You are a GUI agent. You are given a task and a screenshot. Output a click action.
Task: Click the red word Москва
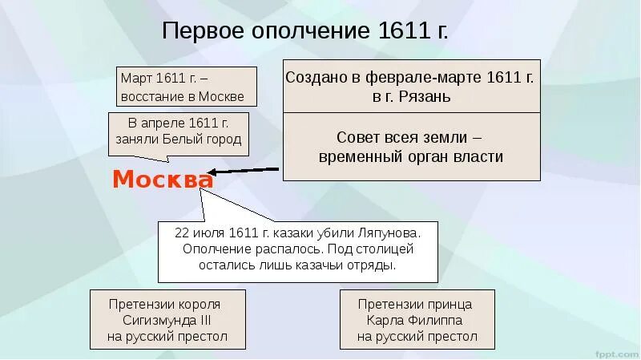click(x=163, y=179)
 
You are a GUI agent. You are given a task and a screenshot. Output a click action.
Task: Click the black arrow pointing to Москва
click(x=244, y=171)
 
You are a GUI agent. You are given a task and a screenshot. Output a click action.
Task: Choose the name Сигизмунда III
click(x=167, y=321)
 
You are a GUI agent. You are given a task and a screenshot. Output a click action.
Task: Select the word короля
click(x=196, y=305)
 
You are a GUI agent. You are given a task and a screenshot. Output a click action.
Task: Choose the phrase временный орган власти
click(x=410, y=156)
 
